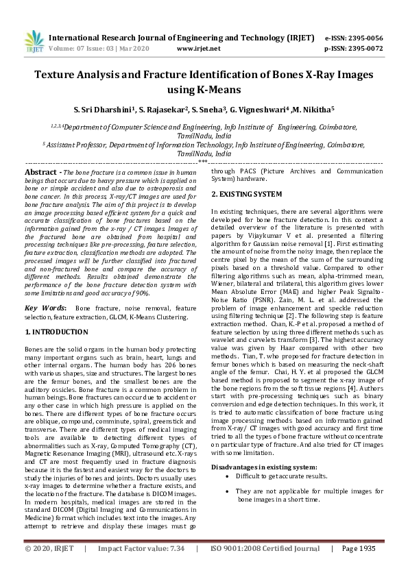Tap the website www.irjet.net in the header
click(198, 49)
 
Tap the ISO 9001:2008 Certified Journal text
click(265, 550)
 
